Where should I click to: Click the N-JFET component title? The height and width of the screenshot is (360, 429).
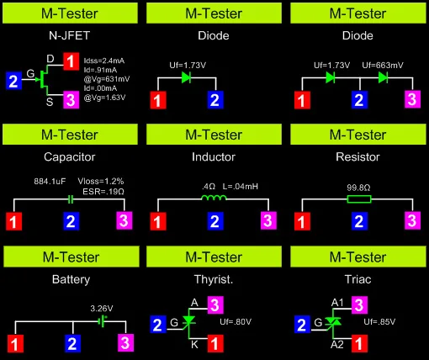(x=69, y=35)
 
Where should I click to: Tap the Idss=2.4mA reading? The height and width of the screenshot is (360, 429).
(x=104, y=61)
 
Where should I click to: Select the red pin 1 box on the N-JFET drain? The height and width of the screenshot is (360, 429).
(x=71, y=61)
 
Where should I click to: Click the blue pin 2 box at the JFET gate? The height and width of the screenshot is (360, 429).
(x=13, y=81)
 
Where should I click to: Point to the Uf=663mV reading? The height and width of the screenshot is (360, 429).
(x=383, y=66)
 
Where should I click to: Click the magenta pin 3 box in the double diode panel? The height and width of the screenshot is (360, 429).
(x=412, y=99)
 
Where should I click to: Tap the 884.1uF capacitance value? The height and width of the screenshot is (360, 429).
(x=50, y=181)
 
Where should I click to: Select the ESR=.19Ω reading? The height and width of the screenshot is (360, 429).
(x=103, y=192)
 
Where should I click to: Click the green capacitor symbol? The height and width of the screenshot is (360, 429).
(x=71, y=199)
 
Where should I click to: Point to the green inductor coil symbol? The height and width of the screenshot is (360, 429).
(x=214, y=199)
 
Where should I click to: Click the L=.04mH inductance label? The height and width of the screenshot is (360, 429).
(x=241, y=187)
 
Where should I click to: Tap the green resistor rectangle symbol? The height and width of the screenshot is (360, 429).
(x=359, y=199)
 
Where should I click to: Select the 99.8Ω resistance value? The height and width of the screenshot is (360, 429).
(x=358, y=188)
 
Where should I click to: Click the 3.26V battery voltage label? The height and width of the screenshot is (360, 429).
(x=102, y=309)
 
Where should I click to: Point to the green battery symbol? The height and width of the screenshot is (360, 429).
(x=103, y=321)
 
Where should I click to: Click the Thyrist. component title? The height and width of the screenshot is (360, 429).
(x=214, y=279)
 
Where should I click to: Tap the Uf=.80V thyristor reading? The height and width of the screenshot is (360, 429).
(x=236, y=321)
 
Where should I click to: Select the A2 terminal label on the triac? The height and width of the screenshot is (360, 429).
(x=337, y=344)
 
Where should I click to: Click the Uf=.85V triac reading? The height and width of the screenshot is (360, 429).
(x=379, y=321)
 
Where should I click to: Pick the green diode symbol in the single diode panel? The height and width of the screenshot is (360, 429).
(x=187, y=77)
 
